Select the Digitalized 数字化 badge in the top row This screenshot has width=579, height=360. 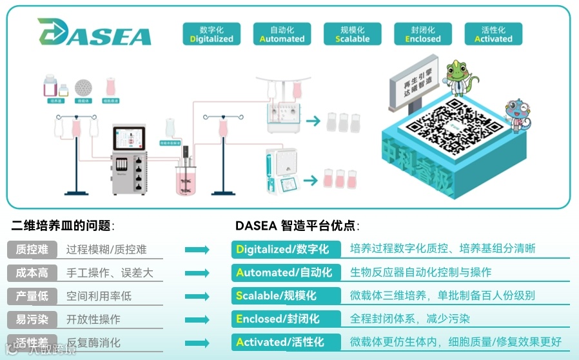coord(211,34)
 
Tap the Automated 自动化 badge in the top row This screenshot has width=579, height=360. coord(282,34)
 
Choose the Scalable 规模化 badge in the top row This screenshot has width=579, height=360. coord(352,34)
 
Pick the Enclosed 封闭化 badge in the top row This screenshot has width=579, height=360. coord(423,34)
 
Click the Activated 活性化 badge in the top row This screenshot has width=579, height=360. coord(493,34)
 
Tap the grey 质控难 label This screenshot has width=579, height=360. coord(32,250)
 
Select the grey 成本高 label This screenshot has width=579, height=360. coord(32,273)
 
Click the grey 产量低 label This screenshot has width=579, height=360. coord(32,296)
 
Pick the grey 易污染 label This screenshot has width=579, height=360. coord(32,319)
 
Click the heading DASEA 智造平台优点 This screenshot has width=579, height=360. coord(297,226)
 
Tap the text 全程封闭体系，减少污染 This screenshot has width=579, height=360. coord(410,319)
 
